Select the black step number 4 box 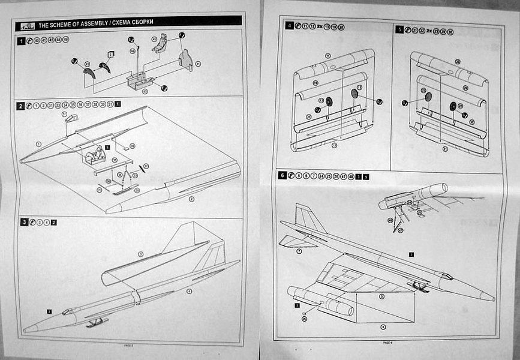click(x=290, y=26)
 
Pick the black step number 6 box click(x=282, y=175)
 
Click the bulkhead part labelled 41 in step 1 click(x=187, y=61)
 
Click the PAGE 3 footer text click(x=134, y=346)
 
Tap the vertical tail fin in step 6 click(x=305, y=217)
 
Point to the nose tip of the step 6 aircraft click(x=493, y=298)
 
